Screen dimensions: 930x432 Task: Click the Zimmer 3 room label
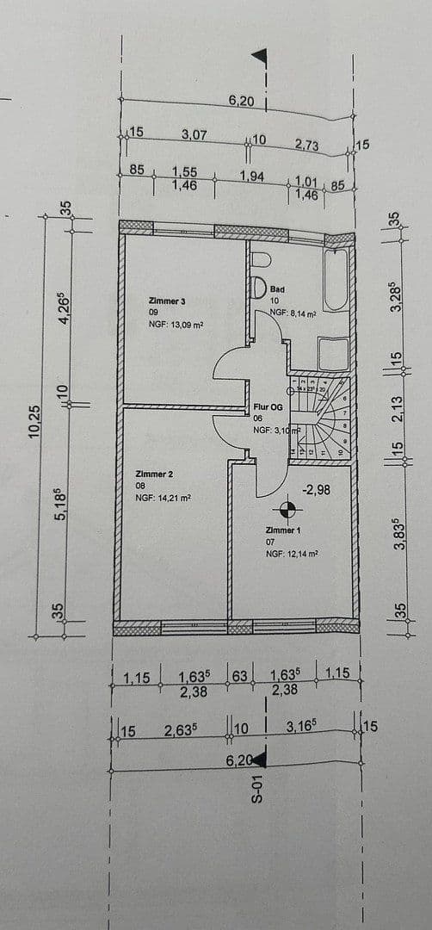coord(167,301)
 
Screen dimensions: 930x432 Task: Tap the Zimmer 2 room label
coord(154,474)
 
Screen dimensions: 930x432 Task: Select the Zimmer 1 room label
coord(285,531)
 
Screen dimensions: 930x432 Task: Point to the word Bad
coord(277,289)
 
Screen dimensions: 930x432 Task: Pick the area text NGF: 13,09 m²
coord(176,325)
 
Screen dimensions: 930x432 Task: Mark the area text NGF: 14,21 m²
coord(163,498)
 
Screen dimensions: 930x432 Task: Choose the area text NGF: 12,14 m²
coord(293,554)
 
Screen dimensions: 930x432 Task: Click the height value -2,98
coord(318,489)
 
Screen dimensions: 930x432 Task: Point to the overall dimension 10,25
coord(34,422)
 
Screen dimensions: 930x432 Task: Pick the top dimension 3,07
coord(194,134)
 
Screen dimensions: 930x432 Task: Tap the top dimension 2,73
coord(306,145)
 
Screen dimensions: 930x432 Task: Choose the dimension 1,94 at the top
coord(252,177)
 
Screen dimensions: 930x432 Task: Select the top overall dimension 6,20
coord(242,101)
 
